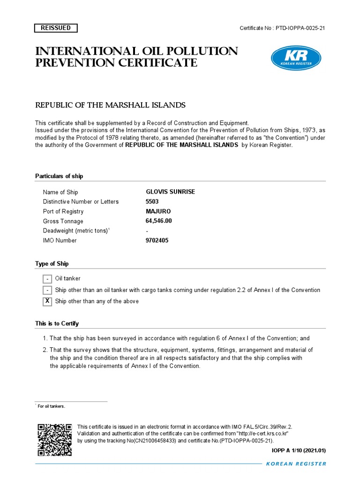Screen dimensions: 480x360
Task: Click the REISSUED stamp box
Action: (x=56, y=28)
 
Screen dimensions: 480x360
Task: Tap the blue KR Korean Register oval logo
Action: (x=296, y=59)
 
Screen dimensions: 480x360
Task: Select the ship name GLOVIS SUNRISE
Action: (x=170, y=192)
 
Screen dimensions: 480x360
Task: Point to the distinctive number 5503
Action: (x=152, y=202)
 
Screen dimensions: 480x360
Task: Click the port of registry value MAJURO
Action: (x=158, y=211)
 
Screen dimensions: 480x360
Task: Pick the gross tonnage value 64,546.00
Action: (x=159, y=221)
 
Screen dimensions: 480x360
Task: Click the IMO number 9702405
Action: (x=157, y=240)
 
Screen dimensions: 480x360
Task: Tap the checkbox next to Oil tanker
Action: (x=47, y=279)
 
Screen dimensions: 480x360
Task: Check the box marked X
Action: (x=47, y=301)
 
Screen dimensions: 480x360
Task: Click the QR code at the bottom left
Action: (x=54, y=440)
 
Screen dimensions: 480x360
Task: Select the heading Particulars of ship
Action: (x=59, y=176)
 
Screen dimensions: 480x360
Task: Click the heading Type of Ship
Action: (x=52, y=264)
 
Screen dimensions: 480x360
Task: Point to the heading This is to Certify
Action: (x=57, y=324)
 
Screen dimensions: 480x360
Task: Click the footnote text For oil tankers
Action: (x=52, y=406)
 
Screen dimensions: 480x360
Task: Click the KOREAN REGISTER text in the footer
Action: (x=296, y=464)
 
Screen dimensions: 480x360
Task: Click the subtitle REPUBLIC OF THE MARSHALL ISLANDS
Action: (x=111, y=105)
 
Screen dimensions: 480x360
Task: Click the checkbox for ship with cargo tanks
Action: (x=47, y=290)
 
